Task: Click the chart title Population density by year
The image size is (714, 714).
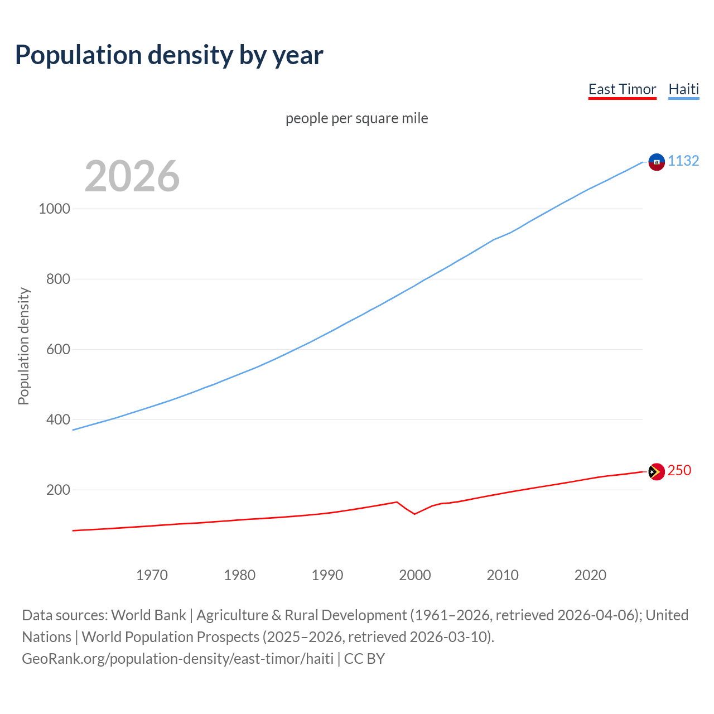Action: tap(169, 55)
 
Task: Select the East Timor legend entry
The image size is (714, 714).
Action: tap(622, 89)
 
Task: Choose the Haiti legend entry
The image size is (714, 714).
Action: tap(683, 89)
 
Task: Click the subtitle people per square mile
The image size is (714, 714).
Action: tap(356, 118)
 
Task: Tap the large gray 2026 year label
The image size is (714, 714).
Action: tap(132, 176)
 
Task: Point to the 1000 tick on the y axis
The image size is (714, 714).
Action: tap(54, 209)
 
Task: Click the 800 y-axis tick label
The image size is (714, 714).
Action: tap(58, 279)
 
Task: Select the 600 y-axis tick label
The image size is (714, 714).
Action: tap(58, 349)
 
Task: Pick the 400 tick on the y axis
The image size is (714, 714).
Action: tap(58, 419)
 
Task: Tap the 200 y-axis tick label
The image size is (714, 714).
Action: tap(58, 490)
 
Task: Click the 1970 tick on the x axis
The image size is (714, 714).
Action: tap(152, 575)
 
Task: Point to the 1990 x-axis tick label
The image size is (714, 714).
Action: tap(327, 575)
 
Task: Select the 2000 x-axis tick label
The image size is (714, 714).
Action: tap(415, 575)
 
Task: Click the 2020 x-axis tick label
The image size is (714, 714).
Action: tap(590, 575)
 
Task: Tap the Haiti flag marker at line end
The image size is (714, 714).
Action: tap(657, 162)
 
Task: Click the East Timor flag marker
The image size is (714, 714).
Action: tap(657, 472)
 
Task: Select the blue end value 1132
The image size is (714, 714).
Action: tap(683, 161)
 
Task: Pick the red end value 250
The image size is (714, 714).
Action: tap(679, 470)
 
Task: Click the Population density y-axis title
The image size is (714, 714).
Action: tap(23, 346)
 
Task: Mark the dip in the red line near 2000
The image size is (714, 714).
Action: tap(414, 514)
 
